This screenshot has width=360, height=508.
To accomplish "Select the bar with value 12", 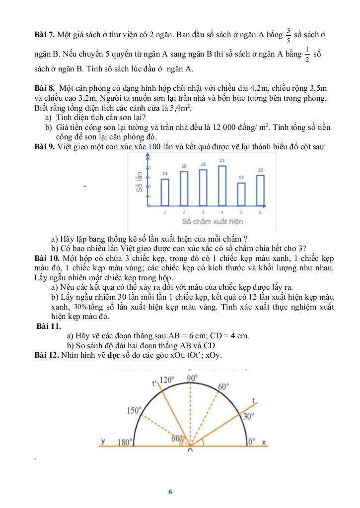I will click(x=241, y=194).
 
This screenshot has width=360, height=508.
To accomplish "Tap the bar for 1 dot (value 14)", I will click(x=165, y=192).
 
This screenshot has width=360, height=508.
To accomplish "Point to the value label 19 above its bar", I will click(x=203, y=164).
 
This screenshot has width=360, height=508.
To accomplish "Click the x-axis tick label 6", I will click(x=260, y=212).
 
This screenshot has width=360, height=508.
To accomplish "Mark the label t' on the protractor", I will click(x=154, y=383).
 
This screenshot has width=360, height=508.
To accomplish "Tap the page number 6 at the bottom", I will click(x=170, y=492).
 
